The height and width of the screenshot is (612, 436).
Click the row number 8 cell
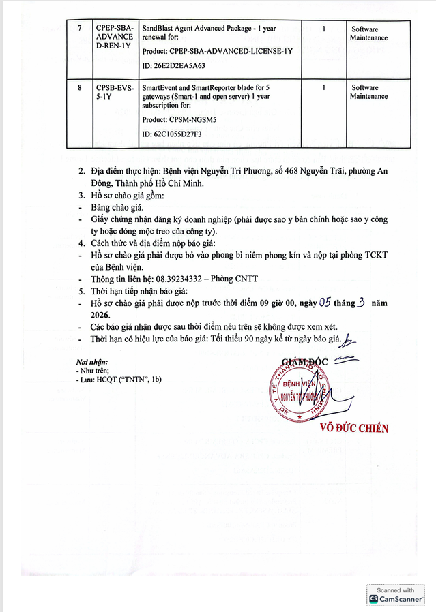pos(79,88)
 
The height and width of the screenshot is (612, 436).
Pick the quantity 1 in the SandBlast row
pos(323,29)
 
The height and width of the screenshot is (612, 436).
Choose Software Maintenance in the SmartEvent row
pos(368,92)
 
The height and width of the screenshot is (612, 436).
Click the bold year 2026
pos(100,316)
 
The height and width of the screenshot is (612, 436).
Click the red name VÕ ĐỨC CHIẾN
pos(353,428)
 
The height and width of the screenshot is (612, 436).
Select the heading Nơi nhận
pos(92,361)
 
